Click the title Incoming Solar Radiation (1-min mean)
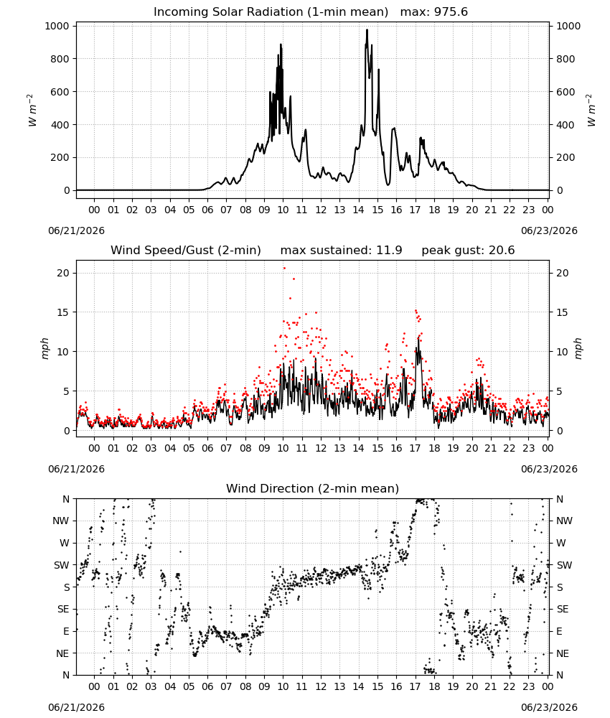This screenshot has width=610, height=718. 271,12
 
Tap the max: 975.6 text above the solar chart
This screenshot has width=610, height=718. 434,12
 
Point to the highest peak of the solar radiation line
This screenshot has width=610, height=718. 367,29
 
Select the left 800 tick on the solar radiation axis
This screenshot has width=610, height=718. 57,59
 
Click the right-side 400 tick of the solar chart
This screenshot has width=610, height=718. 566,125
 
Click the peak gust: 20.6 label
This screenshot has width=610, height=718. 468,251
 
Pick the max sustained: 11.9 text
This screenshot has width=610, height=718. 342,251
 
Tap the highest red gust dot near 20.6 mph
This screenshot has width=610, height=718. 284,268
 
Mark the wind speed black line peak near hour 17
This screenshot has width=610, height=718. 418,339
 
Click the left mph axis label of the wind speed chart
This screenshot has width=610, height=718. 44,348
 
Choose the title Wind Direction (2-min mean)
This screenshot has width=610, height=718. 313,488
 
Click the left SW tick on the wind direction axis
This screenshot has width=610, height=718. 62,565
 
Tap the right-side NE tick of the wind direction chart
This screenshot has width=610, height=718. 563,653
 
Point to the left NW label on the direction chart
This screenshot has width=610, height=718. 61,521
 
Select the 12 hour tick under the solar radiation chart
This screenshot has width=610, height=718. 321,210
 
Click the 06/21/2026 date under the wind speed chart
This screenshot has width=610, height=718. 76,469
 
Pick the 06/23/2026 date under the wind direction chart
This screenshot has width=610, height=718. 549,707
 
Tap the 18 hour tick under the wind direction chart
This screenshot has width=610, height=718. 434,686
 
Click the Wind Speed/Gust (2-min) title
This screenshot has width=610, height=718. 186,251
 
